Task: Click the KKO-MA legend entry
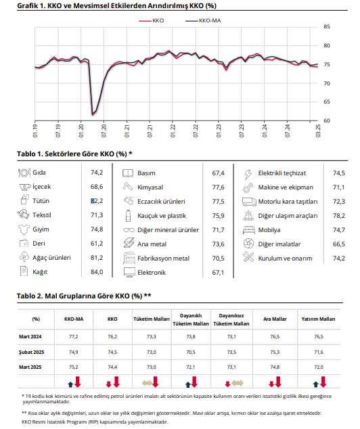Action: click(203, 20)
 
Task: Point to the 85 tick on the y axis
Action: click(327, 27)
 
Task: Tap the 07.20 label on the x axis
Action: click(104, 131)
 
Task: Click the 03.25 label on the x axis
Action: click(318, 131)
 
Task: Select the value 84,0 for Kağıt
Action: click(97, 272)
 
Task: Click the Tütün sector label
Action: click(41, 201)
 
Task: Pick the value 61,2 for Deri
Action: click(97, 243)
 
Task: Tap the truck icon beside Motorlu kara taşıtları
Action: click(249, 202)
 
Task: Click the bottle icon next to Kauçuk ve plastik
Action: click(128, 216)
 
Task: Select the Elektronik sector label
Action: click(152, 273)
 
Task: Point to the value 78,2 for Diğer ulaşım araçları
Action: click(338, 216)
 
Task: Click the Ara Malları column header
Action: click(275, 319)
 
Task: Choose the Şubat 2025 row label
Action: click(31, 352)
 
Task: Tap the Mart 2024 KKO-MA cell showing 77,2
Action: click(74, 336)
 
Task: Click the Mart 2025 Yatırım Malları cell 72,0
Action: click(319, 367)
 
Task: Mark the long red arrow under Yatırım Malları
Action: click(323, 382)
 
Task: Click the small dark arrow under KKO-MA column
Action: click(70, 384)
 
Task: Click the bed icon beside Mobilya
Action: click(249, 230)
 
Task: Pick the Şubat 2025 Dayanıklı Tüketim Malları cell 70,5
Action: click(191, 352)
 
